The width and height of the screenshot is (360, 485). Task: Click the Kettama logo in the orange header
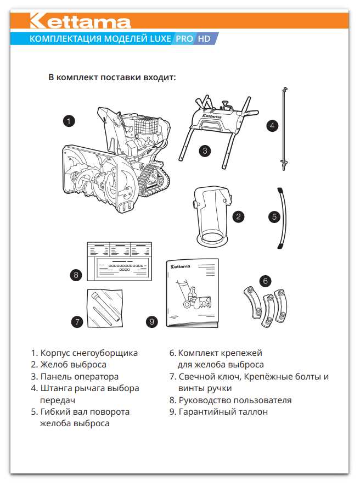(x=80, y=21)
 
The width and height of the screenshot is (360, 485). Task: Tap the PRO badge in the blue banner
(x=184, y=39)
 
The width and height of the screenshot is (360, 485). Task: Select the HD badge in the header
(x=205, y=39)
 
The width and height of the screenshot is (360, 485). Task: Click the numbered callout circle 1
(x=69, y=121)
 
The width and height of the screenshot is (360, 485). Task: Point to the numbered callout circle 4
(x=272, y=126)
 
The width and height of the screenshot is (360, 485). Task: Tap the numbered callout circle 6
(x=265, y=281)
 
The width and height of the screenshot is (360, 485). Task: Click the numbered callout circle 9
(x=152, y=322)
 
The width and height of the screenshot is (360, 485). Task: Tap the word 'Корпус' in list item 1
(x=55, y=353)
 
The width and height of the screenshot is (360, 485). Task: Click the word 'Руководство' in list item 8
(x=207, y=400)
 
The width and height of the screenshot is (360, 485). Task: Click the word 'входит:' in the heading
(x=158, y=77)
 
